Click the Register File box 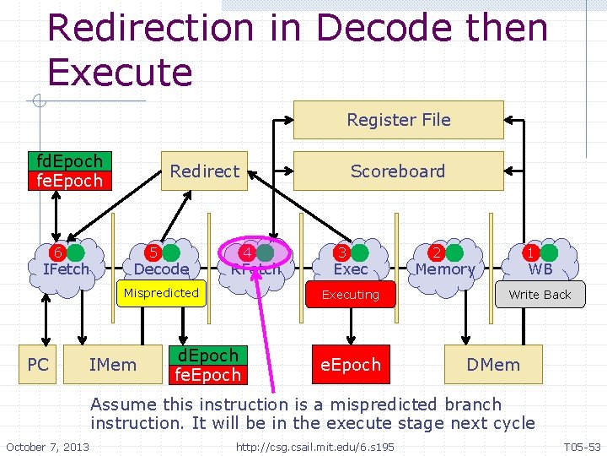click(398, 120)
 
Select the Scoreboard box click(398, 171)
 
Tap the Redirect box click(204, 171)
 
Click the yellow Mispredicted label click(161, 293)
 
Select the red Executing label click(351, 295)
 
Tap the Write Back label click(540, 295)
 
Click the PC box click(38, 364)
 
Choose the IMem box click(112, 364)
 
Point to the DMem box click(493, 364)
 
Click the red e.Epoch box click(351, 364)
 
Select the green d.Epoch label click(207, 355)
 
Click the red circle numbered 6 click(57, 252)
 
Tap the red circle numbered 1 click(531, 252)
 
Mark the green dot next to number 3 click(361, 252)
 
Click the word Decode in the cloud click(161, 269)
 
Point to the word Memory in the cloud click(445, 269)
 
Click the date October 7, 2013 click(47, 445)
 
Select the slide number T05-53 click(582, 445)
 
